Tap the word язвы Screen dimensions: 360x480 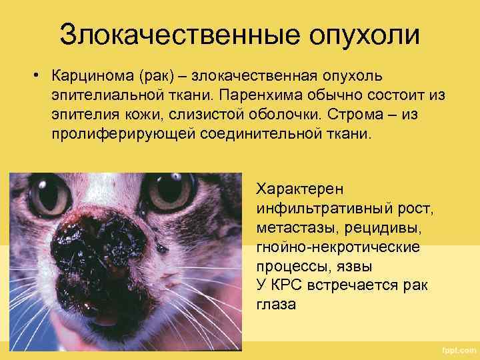click(x=354, y=267)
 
